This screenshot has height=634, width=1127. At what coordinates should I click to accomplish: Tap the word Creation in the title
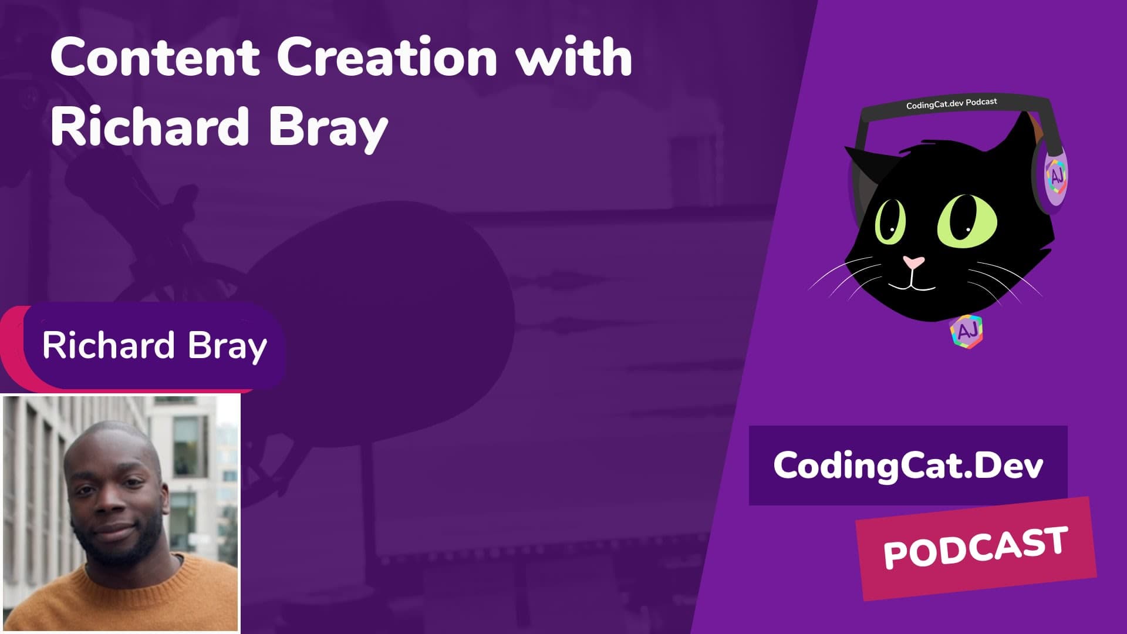(x=387, y=58)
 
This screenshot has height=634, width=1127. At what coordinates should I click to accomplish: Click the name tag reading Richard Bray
(x=154, y=345)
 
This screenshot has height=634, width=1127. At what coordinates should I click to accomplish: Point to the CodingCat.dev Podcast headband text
(x=951, y=103)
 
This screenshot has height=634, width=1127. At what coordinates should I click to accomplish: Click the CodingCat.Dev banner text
(x=908, y=466)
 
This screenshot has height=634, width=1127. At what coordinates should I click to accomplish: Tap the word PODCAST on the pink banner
(x=975, y=548)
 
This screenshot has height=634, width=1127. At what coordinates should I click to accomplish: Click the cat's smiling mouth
(x=911, y=286)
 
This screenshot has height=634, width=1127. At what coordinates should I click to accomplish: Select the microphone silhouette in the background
(x=376, y=317)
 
